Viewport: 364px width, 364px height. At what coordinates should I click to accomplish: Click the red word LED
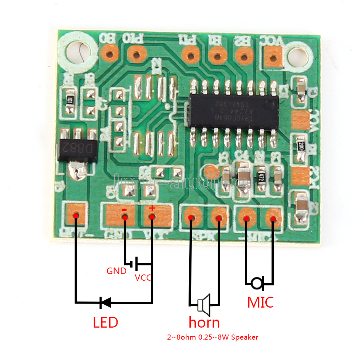click(x=105, y=322)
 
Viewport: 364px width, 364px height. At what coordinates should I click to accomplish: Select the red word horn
click(x=204, y=322)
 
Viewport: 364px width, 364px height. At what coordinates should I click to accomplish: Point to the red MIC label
click(x=260, y=302)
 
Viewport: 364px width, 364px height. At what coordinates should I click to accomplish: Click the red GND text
click(x=116, y=271)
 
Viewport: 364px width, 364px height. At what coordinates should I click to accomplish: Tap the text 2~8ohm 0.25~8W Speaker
click(x=213, y=337)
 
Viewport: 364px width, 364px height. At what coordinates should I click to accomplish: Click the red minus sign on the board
click(x=124, y=210)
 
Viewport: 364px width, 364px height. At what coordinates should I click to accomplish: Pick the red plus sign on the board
click(x=152, y=208)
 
